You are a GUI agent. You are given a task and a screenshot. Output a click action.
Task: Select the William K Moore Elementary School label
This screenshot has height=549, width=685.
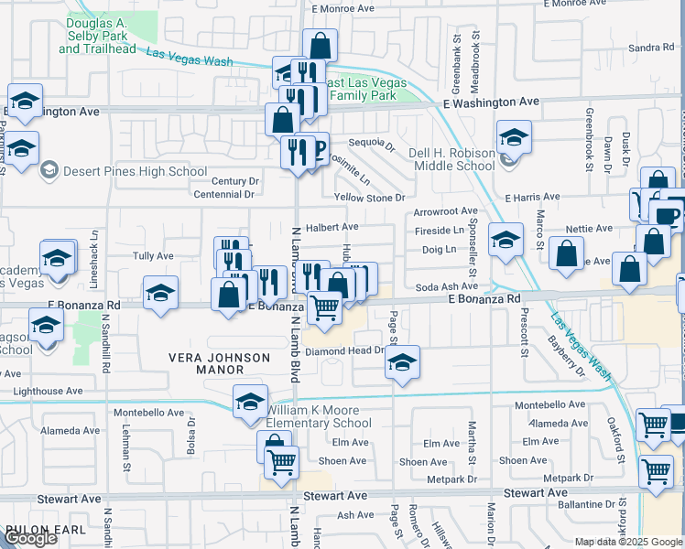[x=319, y=416]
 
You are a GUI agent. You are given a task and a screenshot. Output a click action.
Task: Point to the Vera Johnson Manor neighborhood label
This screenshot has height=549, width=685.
[x=219, y=363]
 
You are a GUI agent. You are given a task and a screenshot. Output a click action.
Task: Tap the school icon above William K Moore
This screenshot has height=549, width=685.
[x=250, y=401]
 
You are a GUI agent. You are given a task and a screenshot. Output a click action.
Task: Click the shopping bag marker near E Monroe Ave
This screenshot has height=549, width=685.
[x=320, y=45]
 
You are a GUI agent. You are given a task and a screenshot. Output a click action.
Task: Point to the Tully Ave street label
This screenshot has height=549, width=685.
[x=153, y=256]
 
